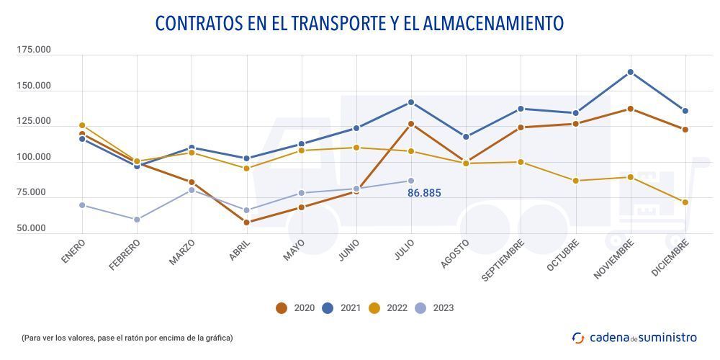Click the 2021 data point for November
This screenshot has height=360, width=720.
(x=631, y=72)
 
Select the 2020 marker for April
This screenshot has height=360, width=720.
(x=247, y=222)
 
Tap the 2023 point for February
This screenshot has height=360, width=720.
(x=137, y=220)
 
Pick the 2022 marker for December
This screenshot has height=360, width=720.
(x=685, y=202)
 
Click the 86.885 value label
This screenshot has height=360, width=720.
(x=424, y=193)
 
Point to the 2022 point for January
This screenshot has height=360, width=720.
(x=82, y=125)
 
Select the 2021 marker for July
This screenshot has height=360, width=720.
(x=411, y=102)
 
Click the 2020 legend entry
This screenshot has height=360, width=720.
(x=296, y=308)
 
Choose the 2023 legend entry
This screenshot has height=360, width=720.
(x=435, y=308)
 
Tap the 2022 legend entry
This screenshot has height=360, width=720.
(x=388, y=308)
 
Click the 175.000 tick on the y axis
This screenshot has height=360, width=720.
(x=34, y=50)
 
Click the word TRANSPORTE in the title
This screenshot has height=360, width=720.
(x=338, y=23)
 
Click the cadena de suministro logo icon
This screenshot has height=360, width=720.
(x=578, y=338)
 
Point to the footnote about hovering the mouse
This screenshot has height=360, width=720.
(x=127, y=338)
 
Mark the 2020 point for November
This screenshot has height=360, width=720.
(x=631, y=109)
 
